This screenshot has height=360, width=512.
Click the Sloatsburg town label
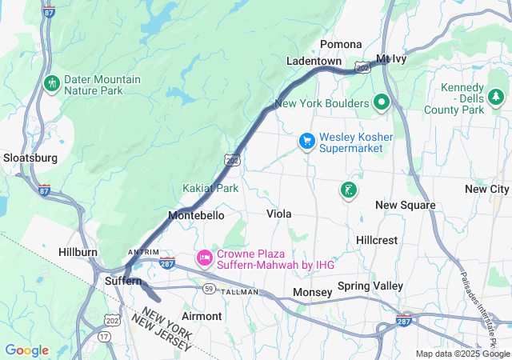click(x=30, y=158)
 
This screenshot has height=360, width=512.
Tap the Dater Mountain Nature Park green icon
click(x=52, y=84)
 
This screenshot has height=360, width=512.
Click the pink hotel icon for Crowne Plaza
click(x=204, y=258)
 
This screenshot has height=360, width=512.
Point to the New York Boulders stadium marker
click(x=382, y=102)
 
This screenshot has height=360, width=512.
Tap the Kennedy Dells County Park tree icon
click(x=496, y=97)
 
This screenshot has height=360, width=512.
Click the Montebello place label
click(x=196, y=216)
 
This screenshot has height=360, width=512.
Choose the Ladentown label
click(x=314, y=62)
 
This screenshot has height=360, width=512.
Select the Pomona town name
click(x=341, y=44)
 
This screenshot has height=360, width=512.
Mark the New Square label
click(x=406, y=206)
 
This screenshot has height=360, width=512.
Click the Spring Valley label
click(x=370, y=286)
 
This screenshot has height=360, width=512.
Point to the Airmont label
click(x=202, y=316)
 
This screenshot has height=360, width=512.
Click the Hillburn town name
click(x=78, y=252)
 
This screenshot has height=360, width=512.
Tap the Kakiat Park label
click(x=210, y=189)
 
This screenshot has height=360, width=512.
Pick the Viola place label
click(x=278, y=214)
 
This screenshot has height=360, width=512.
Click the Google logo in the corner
click(x=26, y=350)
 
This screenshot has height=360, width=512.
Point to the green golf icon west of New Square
click(x=348, y=190)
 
